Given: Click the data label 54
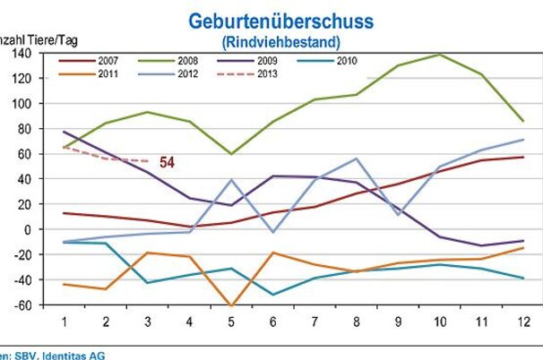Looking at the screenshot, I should [168, 162].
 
